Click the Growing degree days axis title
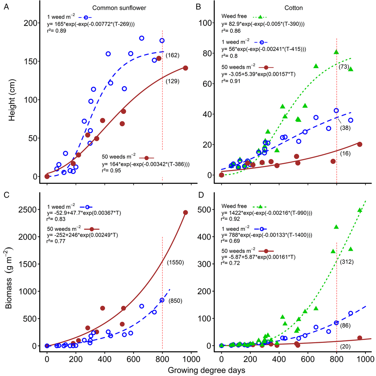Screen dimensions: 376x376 tap(206, 369)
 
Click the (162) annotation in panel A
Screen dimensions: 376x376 tap(173, 56)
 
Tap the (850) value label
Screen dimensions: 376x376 tap(175, 301)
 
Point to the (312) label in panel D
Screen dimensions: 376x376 tap(347, 261)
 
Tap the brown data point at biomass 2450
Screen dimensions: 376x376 tap(185, 213)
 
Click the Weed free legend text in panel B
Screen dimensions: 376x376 tap(234, 16)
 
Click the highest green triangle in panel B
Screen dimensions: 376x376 tap(336, 52)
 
